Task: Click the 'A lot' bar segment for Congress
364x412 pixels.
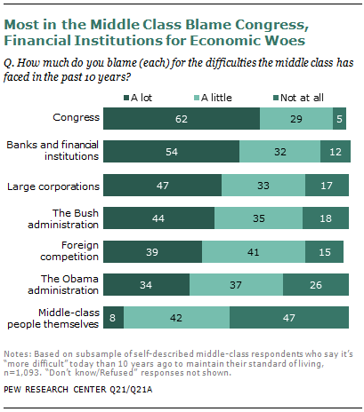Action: [182, 118]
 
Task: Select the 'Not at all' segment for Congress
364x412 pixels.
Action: [339, 118]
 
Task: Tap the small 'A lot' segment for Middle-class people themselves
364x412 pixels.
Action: [114, 316]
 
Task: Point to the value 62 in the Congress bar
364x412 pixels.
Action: [182, 118]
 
